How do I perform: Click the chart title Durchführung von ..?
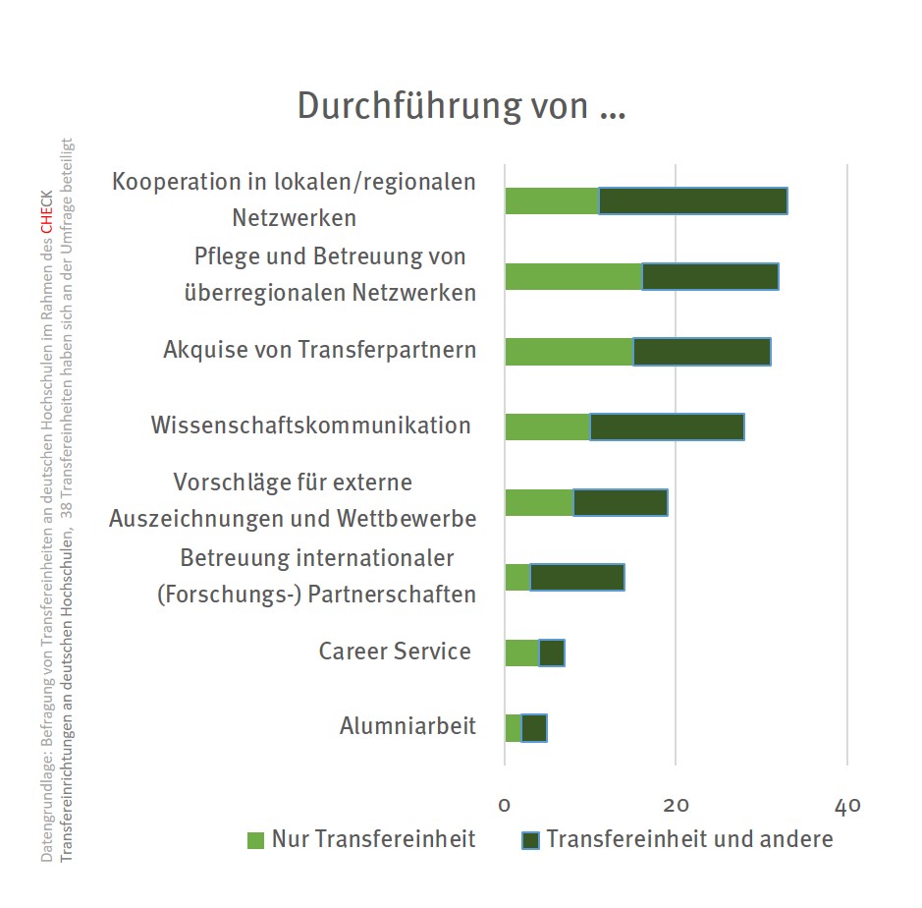461,106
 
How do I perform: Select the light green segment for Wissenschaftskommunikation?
547,426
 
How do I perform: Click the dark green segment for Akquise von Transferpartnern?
702,351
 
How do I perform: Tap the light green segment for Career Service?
521,653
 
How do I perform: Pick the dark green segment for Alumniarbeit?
534,728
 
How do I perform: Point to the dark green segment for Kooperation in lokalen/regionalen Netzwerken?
693,200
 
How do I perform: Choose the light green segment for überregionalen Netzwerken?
572,276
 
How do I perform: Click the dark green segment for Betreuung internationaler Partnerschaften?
577,577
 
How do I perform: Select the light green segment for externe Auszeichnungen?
538,502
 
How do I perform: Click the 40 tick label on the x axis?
847,805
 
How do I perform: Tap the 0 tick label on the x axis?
505,805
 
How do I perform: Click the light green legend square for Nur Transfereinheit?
256,840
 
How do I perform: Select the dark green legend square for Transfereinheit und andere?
531,840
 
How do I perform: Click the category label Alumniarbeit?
407,726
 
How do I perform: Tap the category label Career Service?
395,651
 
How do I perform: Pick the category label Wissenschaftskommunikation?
310,426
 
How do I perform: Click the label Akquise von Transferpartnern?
319,350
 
